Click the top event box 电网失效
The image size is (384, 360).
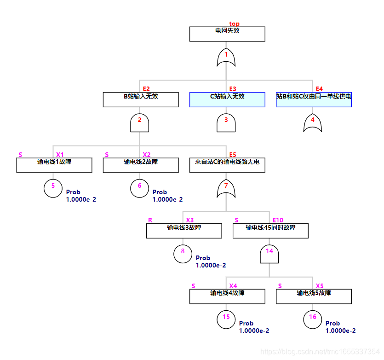(227, 34)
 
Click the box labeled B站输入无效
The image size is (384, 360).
(141, 99)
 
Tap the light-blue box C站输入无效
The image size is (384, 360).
(227, 99)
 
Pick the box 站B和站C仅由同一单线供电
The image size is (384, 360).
(314, 99)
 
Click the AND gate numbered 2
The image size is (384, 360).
(139, 122)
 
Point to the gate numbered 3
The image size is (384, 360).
(226, 122)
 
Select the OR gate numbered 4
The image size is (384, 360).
(313, 122)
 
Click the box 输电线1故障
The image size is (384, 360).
(54, 165)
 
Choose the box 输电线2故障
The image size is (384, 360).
(141, 165)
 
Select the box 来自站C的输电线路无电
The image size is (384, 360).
(227, 165)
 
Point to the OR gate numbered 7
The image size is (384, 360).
(226, 187)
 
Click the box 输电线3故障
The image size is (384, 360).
(184, 231)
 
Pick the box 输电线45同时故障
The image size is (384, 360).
(270, 231)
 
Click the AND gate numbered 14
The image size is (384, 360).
(269, 253)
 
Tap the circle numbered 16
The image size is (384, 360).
(313, 319)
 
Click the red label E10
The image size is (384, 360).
(278, 220)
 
